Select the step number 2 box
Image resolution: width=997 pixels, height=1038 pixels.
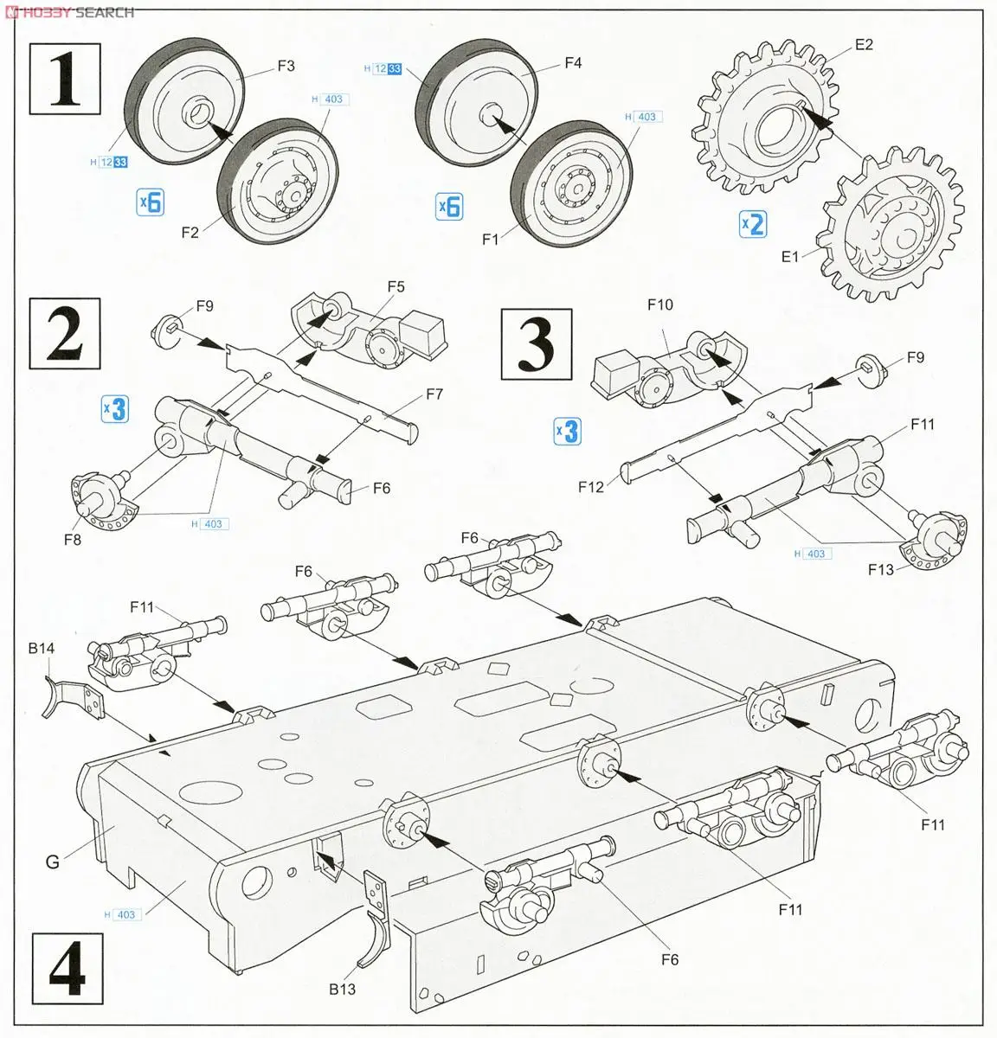[x=65, y=333]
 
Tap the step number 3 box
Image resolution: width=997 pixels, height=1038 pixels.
[x=537, y=343]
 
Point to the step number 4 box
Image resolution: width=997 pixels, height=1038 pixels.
[x=67, y=970]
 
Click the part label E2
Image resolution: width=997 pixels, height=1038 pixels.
[x=864, y=45]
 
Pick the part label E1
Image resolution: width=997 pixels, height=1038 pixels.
[x=790, y=257]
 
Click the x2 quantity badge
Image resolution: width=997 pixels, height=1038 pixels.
[x=753, y=224]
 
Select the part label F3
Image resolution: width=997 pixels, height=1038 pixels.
[x=286, y=66]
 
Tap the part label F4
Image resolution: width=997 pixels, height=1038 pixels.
[x=573, y=62]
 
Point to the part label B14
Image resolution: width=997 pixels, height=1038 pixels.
[x=42, y=648]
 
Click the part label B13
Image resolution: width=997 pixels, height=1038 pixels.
[x=342, y=989]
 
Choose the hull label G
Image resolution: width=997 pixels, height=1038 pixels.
[x=53, y=862]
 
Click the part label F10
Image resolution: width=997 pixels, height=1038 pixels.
[x=659, y=304]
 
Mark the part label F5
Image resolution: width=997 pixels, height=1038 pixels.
[x=396, y=286]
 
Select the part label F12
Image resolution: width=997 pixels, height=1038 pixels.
[x=591, y=487]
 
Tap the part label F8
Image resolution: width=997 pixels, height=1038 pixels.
[x=72, y=540]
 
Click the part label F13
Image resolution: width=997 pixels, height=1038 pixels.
[x=881, y=569]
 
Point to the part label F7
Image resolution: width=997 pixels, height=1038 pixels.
[x=434, y=394]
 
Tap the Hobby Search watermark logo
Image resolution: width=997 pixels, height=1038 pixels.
[x=69, y=12]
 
